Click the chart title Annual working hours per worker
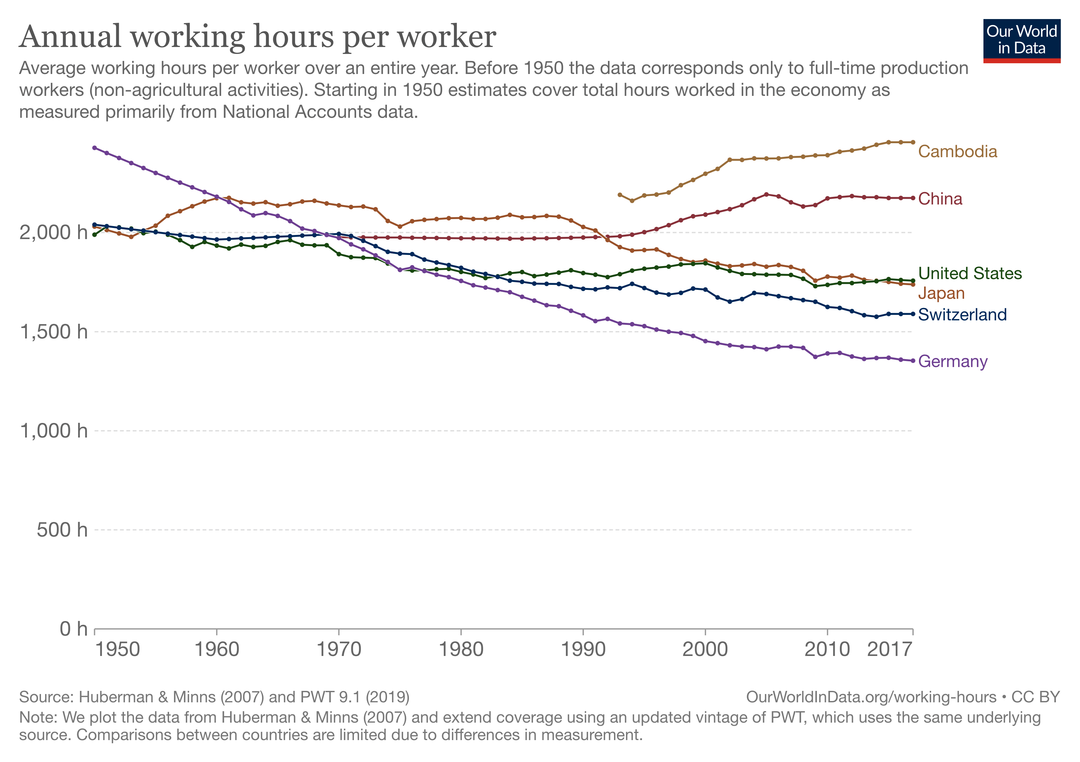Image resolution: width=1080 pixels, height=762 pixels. click(x=257, y=37)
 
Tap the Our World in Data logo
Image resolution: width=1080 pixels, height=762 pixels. click(x=1021, y=40)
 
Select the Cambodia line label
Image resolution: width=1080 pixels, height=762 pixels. click(x=957, y=152)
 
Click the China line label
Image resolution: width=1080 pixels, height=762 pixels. click(x=940, y=199)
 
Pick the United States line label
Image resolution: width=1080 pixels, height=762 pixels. click(x=969, y=274)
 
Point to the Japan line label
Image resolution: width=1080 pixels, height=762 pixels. click(x=941, y=293)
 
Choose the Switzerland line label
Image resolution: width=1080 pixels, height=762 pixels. click(x=962, y=314)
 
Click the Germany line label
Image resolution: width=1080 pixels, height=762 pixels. click(x=953, y=362)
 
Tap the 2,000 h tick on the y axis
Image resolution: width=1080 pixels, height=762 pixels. click(x=53, y=232)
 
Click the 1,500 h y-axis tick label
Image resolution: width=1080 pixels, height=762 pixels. click(x=53, y=332)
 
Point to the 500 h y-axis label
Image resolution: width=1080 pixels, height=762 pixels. click(x=62, y=530)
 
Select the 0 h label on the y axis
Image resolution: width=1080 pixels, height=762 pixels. click(x=73, y=629)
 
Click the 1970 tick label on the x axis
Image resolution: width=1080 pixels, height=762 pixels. click(x=339, y=650)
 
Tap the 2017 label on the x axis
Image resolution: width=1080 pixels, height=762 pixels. click(x=889, y=650)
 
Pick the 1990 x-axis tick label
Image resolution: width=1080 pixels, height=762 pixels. click(x=583, y=650)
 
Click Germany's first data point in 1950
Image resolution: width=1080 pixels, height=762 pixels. click(x=95, y=148)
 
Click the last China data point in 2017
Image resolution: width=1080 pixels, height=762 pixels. click(x=913, y=198)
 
